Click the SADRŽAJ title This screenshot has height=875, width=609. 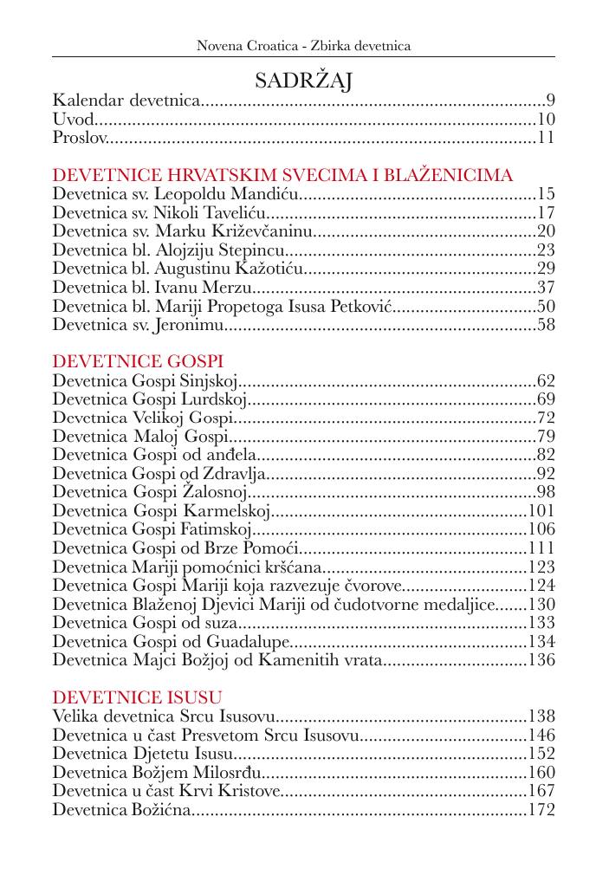[303, 81]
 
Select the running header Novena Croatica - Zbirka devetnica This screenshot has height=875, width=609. [303, 45]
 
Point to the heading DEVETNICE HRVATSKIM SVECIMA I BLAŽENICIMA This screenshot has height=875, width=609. [282, 175]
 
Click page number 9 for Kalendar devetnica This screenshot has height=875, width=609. [550, 100]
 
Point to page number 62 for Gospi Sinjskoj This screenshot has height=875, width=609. [546, 380]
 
